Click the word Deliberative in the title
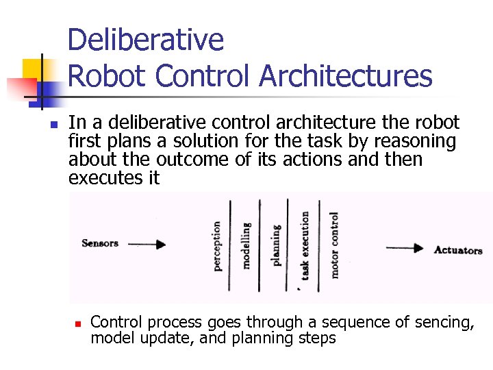tap(146, 40)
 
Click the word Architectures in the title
tap(346, 76)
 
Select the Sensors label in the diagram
tap(100, 243)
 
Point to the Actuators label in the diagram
tap(458, 250)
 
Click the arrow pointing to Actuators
tap(405, 249)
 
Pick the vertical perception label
tap(217, 245)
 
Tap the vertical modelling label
tap(246, 245)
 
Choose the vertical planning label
tap(276, 245)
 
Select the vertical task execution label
tap(305, 245)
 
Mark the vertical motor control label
tap(334, 245)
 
